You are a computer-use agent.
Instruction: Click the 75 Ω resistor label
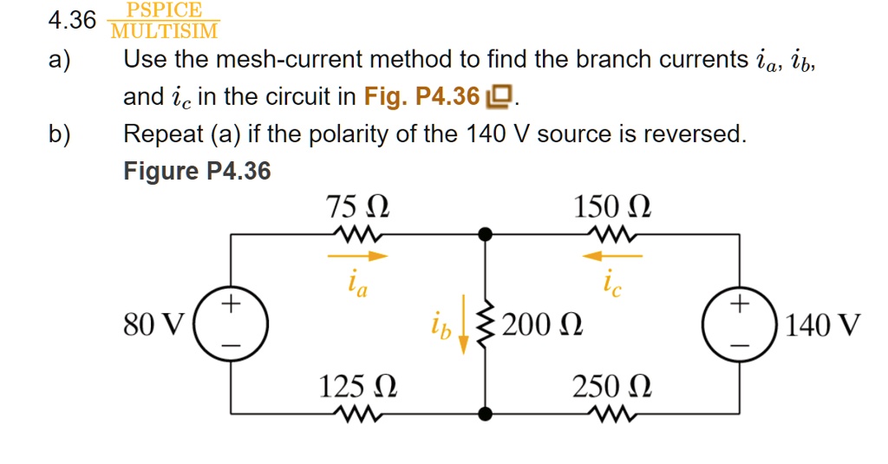[x=356, y=208]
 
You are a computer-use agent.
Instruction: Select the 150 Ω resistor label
[x=612, y=208]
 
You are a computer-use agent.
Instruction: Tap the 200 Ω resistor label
[x=542, y=326]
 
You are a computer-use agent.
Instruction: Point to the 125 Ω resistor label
[x=357, y=386]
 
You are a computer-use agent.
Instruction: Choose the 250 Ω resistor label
[x=612, y=386]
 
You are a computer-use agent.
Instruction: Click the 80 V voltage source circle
[x=230, y=324]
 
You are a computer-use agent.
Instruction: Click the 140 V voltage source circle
[x=739, y=324]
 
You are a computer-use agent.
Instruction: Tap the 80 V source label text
[x=153, y=326]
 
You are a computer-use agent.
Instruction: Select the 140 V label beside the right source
[x=823, y=326]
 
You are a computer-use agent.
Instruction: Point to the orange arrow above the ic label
[x=612, y=256]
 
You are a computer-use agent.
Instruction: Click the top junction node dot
[x=486, y=233]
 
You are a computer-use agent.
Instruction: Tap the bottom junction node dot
[x=486, y=414]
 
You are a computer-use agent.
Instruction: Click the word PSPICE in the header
[x=164, y=10]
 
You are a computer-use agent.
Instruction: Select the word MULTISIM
[x=164, y=32]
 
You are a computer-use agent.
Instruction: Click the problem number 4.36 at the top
[x=72, y=21]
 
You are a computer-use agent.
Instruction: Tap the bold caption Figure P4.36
[x=197, y=172]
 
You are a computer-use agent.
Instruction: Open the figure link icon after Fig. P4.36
[x=500, y=97]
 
